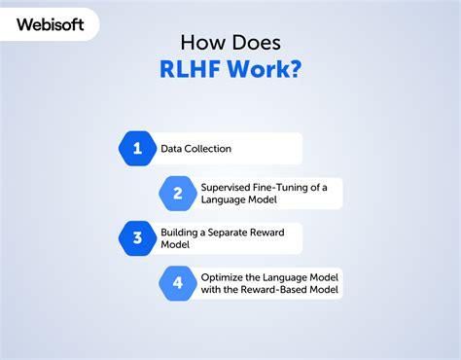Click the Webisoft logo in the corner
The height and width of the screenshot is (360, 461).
point(54,23)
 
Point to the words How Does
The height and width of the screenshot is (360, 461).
point(230,43)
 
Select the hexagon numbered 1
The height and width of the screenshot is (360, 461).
point(137,149)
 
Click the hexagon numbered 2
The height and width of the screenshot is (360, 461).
point(178,193)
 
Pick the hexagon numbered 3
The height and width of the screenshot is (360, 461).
point(137,237)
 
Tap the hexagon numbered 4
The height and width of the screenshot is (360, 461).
point(178,282)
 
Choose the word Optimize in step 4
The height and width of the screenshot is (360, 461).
point(224,276)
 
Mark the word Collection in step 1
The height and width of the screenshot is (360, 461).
point(211,149)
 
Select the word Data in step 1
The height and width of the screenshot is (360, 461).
point(171,149)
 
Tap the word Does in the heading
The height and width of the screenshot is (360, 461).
point(256,43)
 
